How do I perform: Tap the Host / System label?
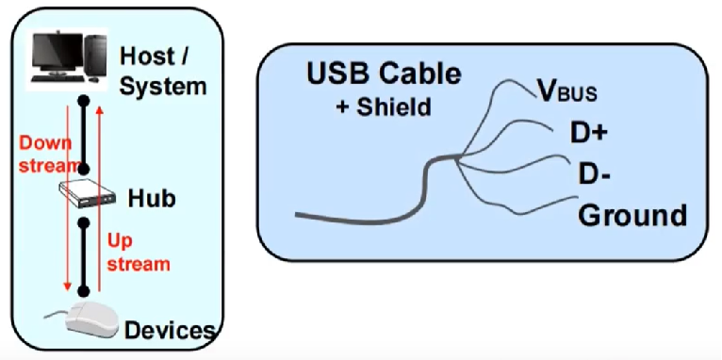(x=162, y=71)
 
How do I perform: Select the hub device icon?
(x=83, y=196)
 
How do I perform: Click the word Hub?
(x=151, y=199)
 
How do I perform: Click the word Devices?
(x=170, y=330)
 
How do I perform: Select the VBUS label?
(x=566, y=91)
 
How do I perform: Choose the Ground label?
(x=632, y=216)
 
